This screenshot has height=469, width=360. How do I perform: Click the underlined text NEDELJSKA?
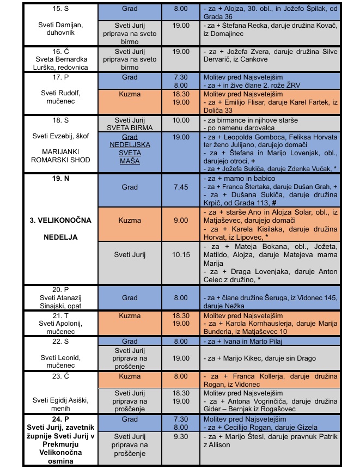[x=130, y=145]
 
